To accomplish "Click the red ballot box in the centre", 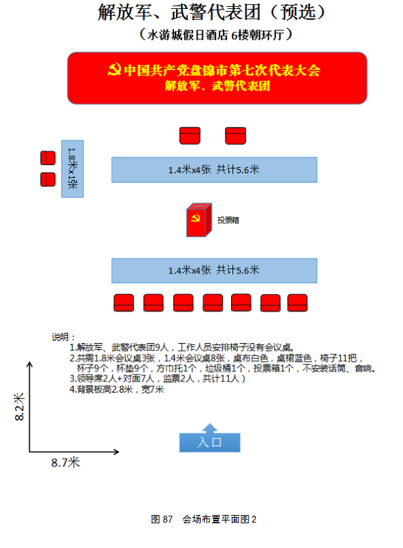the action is point(199,220).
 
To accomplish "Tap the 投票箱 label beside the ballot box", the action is point(228,220).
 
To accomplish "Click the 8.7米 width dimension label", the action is point(65,463).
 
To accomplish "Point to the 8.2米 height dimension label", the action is point(19,407).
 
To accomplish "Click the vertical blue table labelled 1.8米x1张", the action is point(72,169).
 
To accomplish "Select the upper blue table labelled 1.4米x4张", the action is point(215,170).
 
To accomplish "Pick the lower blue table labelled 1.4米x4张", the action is point(215,270).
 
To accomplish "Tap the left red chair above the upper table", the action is point(190,135).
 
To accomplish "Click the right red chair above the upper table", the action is point(236,135).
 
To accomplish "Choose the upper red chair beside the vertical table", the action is point(48,158).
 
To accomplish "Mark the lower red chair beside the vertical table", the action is point(48,179).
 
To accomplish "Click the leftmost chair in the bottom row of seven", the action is point(124,303).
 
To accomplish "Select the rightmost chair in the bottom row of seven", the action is point(298,303).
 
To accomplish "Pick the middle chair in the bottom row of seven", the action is point(213,303).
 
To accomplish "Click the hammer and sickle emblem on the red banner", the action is point(114,69).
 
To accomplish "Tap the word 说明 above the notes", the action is point(60,337).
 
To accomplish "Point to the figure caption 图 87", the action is point(162,519).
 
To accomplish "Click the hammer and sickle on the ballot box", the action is point(195,219).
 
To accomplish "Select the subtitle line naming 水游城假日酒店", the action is point(216,35).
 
